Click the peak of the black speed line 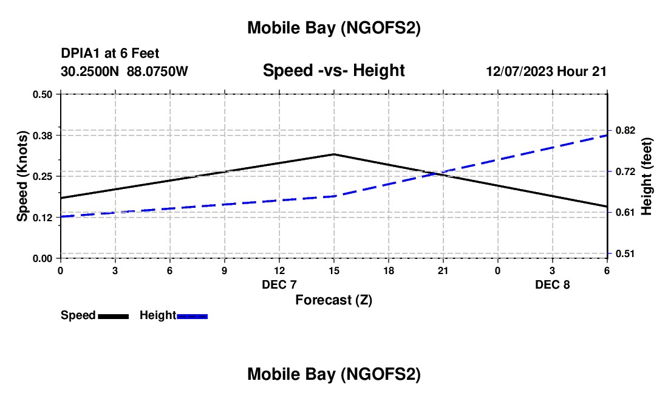pos(333,154)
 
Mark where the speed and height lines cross pos(435,174)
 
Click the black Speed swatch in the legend pos(113,315)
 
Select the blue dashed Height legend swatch pos(192,315)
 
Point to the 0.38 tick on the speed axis pos(46,135)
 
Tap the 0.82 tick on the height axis pos(625,131)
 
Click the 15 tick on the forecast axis pos(333,270)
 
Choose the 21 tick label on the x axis pos(443,270)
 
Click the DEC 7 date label pos(279,285)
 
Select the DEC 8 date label pos(553,285)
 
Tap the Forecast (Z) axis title pos(333,300)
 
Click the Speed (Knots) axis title pos(22,176)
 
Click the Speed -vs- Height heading pos(333,71)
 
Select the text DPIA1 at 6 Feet pos(110,54)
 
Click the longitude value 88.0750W pos(157,72)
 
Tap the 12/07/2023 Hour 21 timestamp pos(546,72)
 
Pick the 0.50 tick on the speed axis pos(46,94)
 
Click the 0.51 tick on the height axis pos(625,253)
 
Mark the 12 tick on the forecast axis pos(279,270)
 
